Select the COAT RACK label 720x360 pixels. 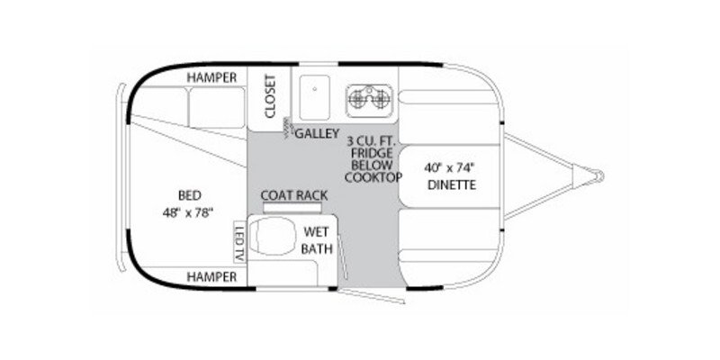point(293,195)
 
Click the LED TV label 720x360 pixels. point(240,241)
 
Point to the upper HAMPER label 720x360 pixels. point(211,78)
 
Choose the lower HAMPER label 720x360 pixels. point(211,277)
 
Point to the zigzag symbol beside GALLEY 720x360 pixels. point(287,127)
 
